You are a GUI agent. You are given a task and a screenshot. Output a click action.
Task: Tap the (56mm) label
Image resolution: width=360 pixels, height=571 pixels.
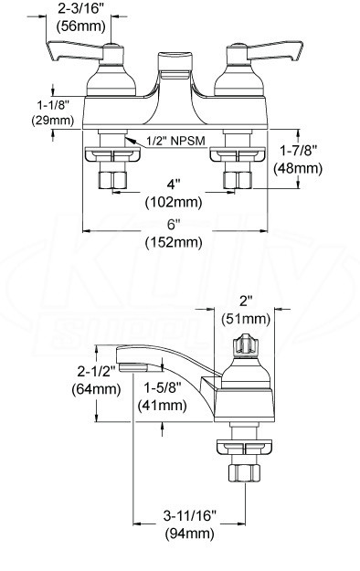(x=81, y=26)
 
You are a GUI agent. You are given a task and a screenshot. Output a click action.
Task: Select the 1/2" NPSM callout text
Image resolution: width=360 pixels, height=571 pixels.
(x=176, y=140)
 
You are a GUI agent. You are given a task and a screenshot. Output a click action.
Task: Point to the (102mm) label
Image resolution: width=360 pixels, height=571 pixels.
(x=174, y=202)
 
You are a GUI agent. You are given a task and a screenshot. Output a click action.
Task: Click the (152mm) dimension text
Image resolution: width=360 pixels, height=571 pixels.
(x=174, y=242)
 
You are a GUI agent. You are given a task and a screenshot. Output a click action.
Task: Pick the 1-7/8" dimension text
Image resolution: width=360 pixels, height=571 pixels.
(x=298, y=151)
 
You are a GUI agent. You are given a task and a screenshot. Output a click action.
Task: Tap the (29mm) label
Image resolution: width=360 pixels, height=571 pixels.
(x=52, y=120)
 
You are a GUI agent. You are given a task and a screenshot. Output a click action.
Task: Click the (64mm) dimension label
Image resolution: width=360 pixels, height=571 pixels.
(x=96, y=389)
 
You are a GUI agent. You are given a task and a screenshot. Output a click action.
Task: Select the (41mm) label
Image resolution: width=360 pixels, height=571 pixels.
(x=162, y=405)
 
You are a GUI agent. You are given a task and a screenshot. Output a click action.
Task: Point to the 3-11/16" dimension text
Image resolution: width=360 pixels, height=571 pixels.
(x=190, y=515)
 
